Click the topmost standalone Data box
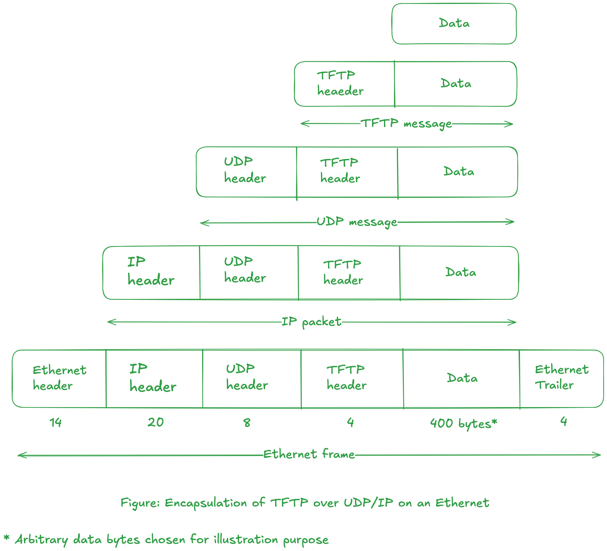pyautogui.click(x=454, y=24)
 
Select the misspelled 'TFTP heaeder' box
pyautogui.click(x=344, y=84)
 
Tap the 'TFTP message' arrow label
pyautogui.click(x=406, y=123)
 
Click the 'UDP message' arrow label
pyautogui.click(x=357, y=222)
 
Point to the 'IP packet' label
pyautogui.click(x=311, y=322)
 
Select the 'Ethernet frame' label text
pyautogui.click(x=309, y=454)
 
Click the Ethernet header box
pyautogui.click(x=59, y=378)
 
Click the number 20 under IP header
pyautogui.click(x=156, y=422)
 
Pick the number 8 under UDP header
pyautogui.click(x=247, y=423)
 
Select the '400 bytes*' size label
pyautogui.click(x=463, y=424)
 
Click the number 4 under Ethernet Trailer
pyautogui.click(x=563, y=421)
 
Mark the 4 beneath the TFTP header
pyautogui.click(x=350, y=422)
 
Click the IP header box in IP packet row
pyautogui.click(x=151, y=272)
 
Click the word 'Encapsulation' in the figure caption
pyautogui.click(x=206, y=503)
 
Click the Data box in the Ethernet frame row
pyautogui.click(x=461, y=378)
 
